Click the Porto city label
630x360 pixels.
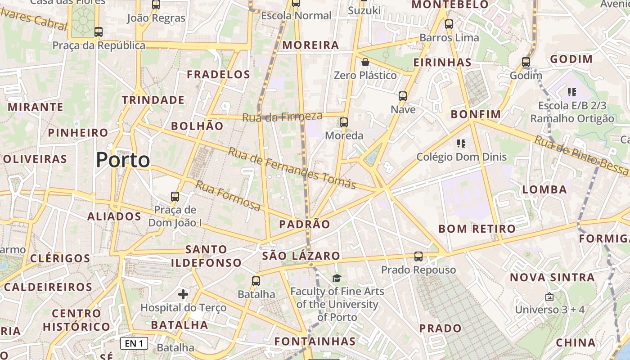pos(123,160)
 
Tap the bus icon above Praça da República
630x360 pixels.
pos(99,32)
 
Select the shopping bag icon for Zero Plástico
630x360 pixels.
pos(365,62)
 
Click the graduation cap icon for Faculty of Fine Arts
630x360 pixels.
pos(337,278)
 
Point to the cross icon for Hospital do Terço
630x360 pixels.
pos(183,294)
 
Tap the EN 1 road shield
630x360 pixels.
pos(134,344)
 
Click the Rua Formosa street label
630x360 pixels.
pos(228,196)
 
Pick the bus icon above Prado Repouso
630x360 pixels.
pos(418,256)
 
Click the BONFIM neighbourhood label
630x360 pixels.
pos(476,114)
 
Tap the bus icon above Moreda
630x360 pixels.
pos(344,122)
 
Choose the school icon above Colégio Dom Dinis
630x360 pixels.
pos(461,144)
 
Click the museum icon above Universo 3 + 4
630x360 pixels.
pos(549,297)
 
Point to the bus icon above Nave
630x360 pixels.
pos(403,96)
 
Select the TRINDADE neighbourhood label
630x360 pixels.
pos(153,100)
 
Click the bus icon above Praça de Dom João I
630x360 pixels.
pos(175,196)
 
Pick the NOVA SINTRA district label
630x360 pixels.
pos(552,277)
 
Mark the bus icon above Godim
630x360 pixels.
pos(526,62)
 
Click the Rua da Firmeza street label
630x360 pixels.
pos(282,117)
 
